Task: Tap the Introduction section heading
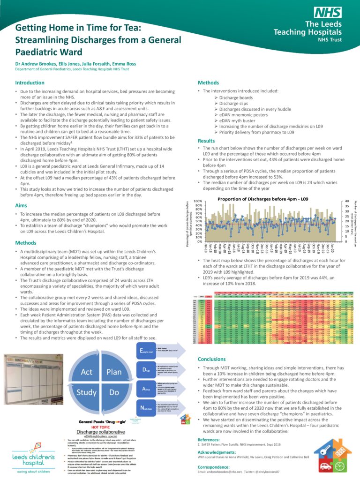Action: pos(30,82)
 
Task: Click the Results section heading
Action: pos(206,141)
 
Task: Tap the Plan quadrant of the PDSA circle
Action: pos(114,372)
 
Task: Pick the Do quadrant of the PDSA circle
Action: pos(114,392)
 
